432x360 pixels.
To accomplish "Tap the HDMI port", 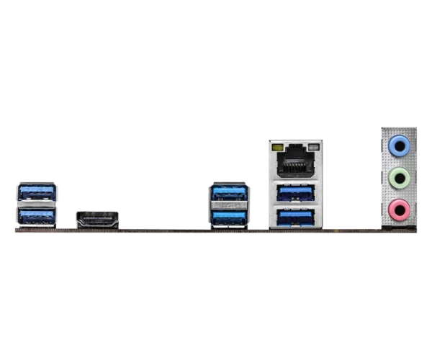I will (97, 219).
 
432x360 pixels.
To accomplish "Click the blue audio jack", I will (399, 146).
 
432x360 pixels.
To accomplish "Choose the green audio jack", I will (399, 178).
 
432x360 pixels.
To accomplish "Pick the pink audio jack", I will (399, 210).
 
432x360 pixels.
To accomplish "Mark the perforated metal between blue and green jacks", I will (399, 162).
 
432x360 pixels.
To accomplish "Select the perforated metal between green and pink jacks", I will (399, 194).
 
